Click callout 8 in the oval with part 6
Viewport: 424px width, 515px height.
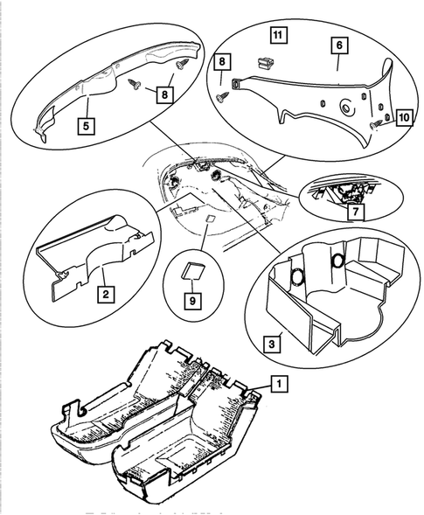click(222, 62)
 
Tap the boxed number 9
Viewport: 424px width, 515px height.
click(194, 298)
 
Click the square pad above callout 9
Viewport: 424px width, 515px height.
click(194, 271)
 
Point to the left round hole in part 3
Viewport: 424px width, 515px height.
click(298, 277)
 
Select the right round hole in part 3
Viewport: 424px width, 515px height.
click(336, 261)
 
